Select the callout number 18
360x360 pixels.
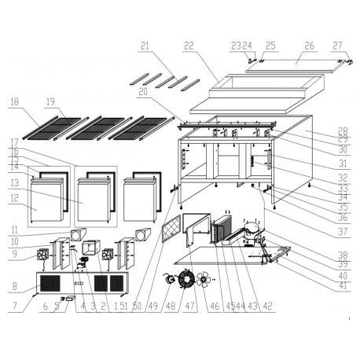click(x=15, y=102)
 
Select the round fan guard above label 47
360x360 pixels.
click(x=187, y=281)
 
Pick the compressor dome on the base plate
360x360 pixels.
click(x=253, y=229)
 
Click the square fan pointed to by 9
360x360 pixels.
click(x=41, y=255)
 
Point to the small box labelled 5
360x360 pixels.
click(x=69, y=299)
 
